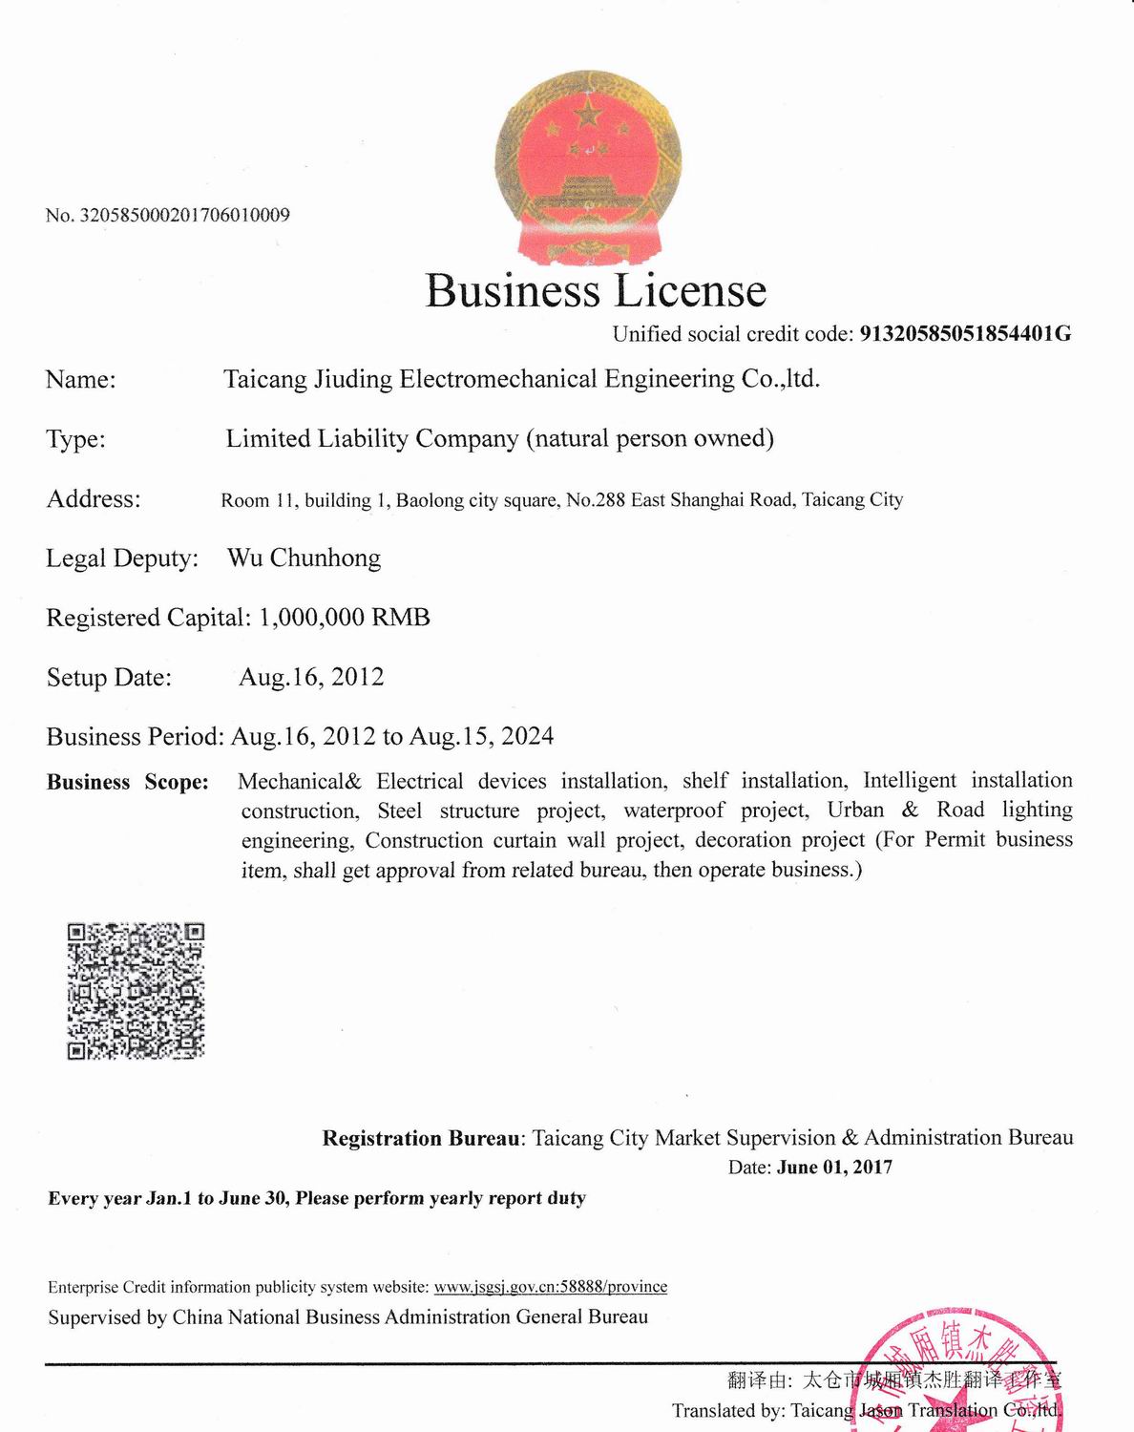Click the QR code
click(136, 991)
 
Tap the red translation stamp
click(964, 1375)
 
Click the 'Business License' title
click(596, 290)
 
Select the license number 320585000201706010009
click(184, 215)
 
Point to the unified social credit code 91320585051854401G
click(965, 333)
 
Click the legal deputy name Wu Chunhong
click(304, 558)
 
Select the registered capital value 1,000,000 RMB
click(345, 618)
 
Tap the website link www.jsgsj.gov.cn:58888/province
click(551, 1286)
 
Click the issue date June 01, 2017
click(834, 1167)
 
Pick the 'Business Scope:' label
click(128, 782)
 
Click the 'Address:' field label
click(94, 498)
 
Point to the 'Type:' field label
click(76, 439)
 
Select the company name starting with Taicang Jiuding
click(521, 379)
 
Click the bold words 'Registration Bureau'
click(421, 1138)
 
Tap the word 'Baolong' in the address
click(430, 500)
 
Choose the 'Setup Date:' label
click(109, 678)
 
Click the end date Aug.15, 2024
click(481, 736)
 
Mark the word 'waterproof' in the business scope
click(674, 811)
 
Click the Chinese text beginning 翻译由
click(893, 1379)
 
